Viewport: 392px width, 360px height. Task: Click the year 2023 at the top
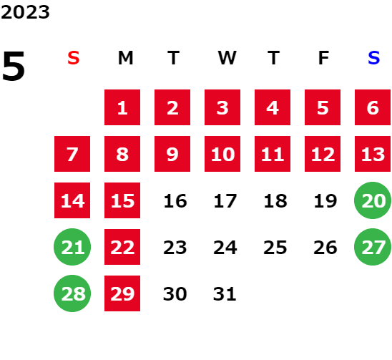point(25,12)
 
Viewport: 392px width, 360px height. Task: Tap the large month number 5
point(14,66)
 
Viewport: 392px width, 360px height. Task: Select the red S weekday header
point(74,58)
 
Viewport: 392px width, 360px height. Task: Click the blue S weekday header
point(373,58)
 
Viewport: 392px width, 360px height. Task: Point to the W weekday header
point(227,58)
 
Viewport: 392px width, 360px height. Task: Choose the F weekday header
point(324,58)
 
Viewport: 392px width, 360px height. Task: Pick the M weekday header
point(125,58)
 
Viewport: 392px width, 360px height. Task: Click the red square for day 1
point(122,107)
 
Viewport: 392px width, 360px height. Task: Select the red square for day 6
point(373,107)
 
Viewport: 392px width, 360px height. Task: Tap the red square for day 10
point(222,154)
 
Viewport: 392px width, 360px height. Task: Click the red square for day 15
point(122,200)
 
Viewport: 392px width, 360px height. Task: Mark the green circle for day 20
point(373,200)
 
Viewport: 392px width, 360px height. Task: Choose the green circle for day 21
point(72,247)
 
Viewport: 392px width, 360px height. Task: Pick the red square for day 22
point(122,247)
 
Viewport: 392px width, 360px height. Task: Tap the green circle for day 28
point(72,293)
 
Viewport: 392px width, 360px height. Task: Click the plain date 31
point(225,293)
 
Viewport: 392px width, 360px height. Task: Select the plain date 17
point(225,200)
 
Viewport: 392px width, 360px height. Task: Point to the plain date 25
point(275,248)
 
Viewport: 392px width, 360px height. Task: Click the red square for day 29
point(122,293)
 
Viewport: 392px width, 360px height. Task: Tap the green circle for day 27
point(373,247)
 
